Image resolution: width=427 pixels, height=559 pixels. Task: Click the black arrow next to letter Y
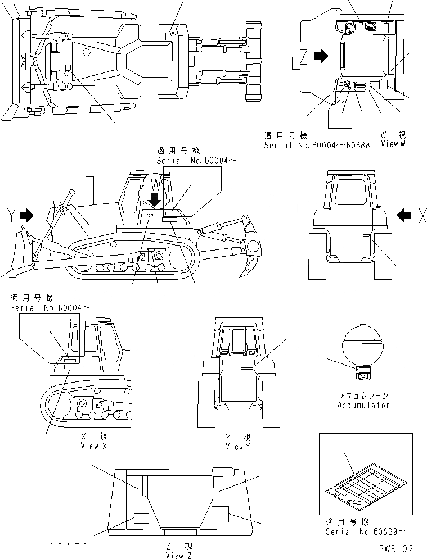click(26, 215)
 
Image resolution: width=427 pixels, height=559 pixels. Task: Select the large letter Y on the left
click(10, 215)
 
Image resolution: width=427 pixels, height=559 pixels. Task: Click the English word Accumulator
click(363, 405)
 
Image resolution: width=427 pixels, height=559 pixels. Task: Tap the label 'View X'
click(93, 446)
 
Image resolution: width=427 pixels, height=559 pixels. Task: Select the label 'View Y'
click(238, 446)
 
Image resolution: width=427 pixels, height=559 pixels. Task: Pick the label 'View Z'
click(179, 556)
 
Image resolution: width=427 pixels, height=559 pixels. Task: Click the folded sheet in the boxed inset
click(366, 480)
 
